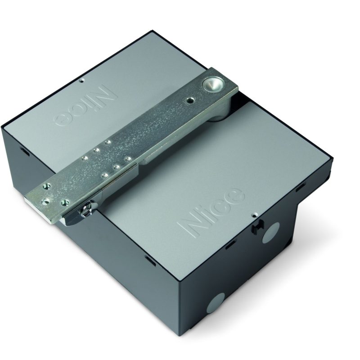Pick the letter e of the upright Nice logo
(234, 196)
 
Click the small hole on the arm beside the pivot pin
(189, 99)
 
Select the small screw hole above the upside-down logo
(82, 81)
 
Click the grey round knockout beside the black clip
(271, 233)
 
